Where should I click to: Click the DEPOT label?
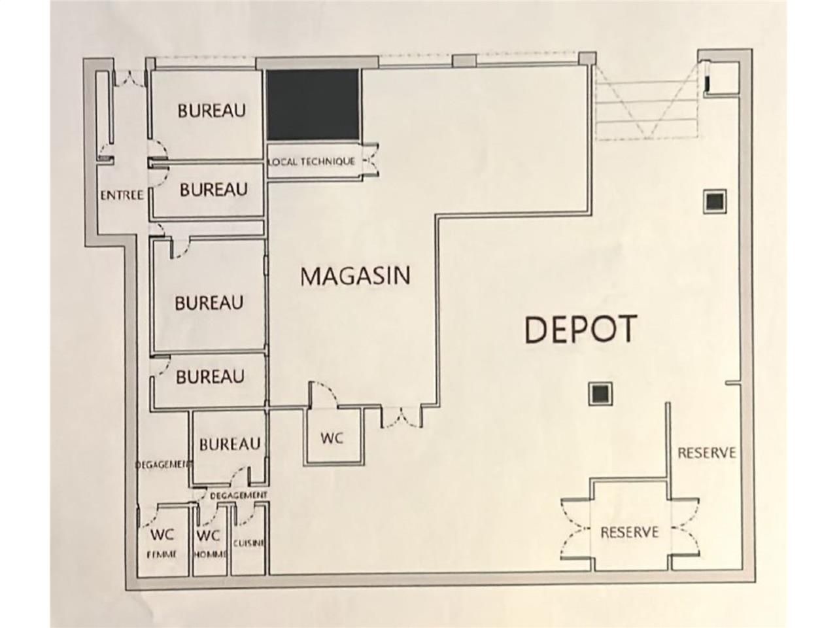tap(580, 328)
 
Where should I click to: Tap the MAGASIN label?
tap(355, 275)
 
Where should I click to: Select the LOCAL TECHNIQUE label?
tap(313, 162)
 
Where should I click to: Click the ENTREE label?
tap(122, 195)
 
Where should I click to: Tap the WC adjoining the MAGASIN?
tap(332, 438)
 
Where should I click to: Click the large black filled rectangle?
tap(313, 105)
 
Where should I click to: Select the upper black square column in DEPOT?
tap(715, 201)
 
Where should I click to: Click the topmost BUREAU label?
tap(212, 110)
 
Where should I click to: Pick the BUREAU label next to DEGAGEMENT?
tap(230, 444)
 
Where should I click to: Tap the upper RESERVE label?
tap(706, 453)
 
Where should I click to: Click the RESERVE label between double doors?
tap(629, 532)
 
